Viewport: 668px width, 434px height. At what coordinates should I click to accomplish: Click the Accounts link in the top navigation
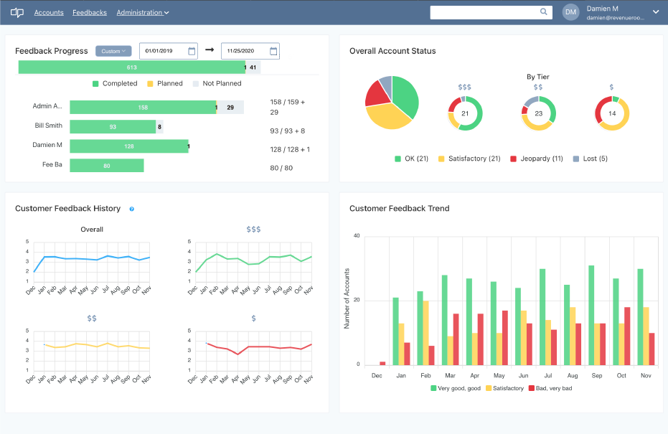pos(49,12)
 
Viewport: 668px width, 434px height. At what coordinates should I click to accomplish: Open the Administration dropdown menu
pos(143,12)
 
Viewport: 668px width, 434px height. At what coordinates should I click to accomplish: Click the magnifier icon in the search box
pos(544,11)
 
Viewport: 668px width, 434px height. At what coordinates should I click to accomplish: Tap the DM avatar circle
pos(570,12)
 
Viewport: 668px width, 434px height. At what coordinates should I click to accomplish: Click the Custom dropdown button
pos(113,51)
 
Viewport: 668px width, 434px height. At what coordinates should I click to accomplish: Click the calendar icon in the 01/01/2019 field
pos(192,51)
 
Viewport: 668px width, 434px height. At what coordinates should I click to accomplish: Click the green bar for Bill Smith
pos(113,127)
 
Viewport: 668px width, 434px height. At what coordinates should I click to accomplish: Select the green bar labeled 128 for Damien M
pos(128,146)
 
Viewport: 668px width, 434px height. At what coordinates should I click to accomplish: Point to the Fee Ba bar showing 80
pos(107,166)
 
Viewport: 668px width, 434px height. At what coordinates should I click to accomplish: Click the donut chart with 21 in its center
pos(465,113)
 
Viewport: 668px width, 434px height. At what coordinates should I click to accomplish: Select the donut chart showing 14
pos(612,113)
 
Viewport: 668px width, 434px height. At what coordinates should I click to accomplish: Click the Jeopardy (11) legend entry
pos(536,159)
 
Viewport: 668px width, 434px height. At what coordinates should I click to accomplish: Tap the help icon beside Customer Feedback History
pos(132,209)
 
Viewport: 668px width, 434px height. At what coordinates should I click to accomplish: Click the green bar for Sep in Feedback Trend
pos(591,315)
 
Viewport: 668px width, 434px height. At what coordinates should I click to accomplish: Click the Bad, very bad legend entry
pos(550,388)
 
